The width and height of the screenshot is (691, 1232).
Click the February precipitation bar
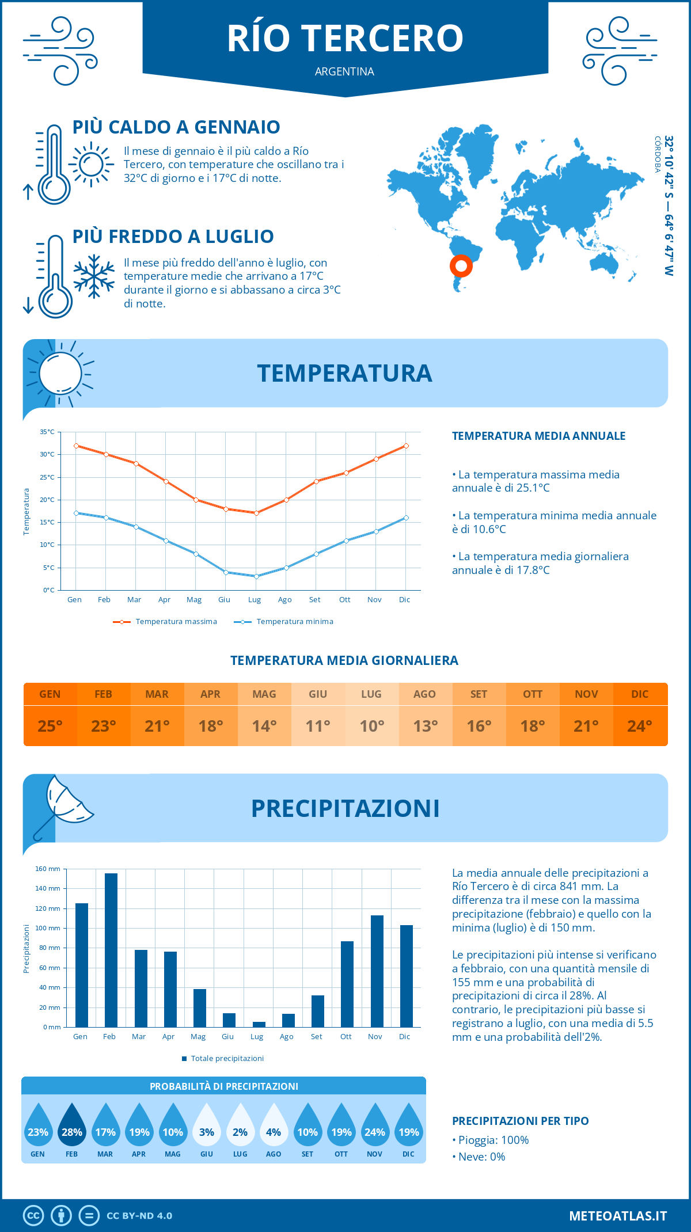click(111, 950)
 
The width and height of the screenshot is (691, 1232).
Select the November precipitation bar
click(377, 971)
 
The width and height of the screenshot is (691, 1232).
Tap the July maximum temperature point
click(256, 513)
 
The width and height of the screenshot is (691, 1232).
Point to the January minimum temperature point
click(76, 513)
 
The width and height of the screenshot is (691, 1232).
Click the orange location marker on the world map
click(461, 265)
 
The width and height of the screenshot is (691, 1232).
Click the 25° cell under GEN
click(50, 726)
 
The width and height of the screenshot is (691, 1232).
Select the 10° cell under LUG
click(371, 726)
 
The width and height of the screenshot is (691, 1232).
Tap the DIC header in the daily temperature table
click(640, 694)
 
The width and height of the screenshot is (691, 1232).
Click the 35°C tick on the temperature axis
click(47, 432)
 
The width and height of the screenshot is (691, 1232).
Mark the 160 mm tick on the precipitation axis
click(48, 869)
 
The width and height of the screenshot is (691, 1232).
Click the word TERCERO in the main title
click(382, 39)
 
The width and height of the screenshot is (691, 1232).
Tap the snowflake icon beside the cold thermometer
click(94, 276)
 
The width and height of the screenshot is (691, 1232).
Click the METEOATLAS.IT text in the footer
click(618, 1216)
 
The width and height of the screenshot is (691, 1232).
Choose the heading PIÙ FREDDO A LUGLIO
click(173, 237)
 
